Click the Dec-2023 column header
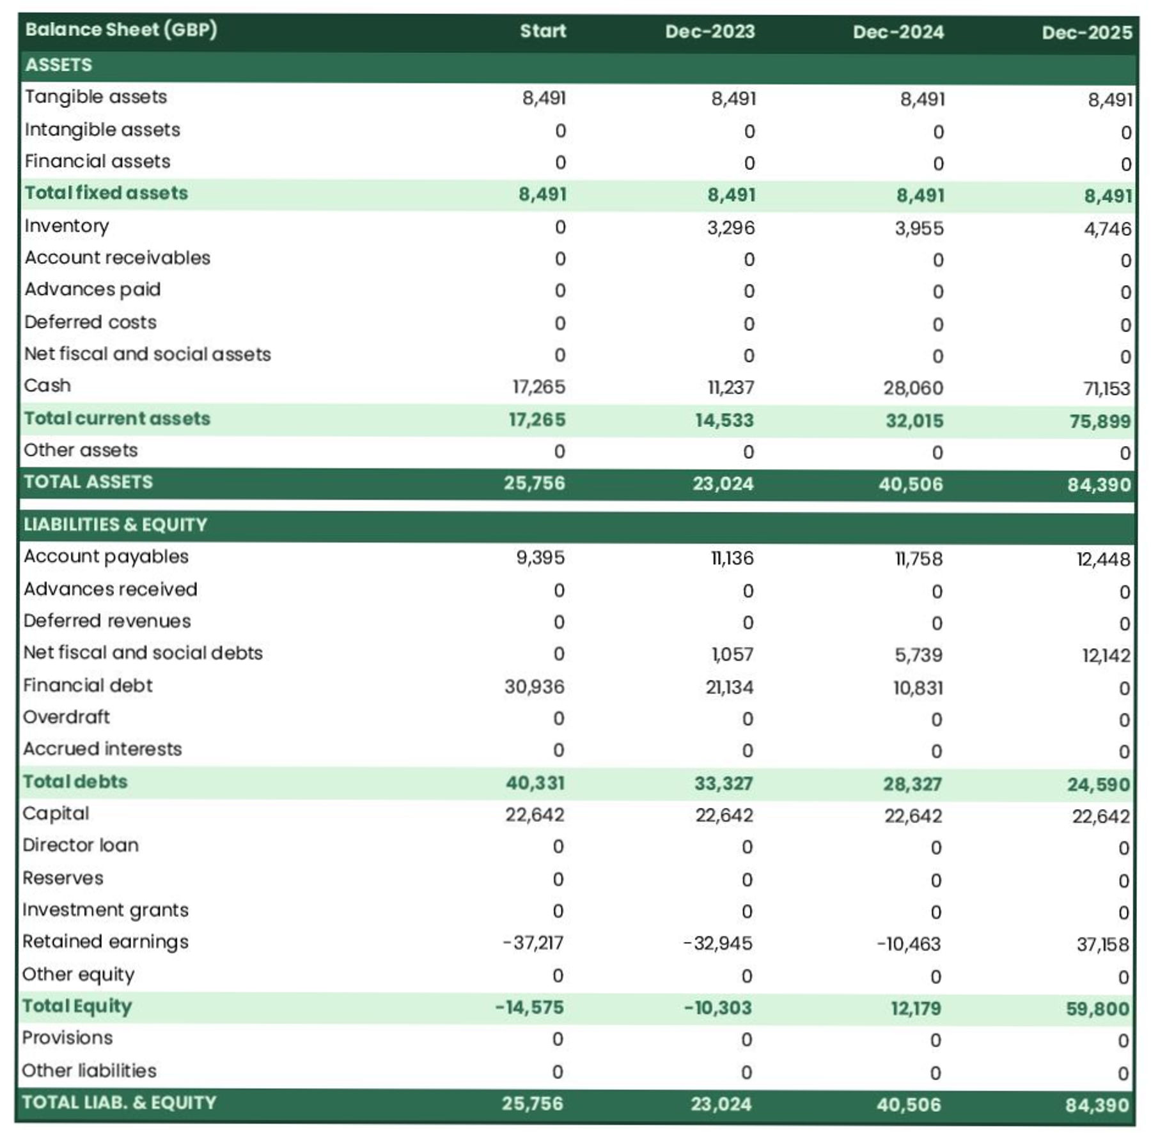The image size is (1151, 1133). tap(709, 31)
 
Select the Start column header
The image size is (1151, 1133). tap(542, 31)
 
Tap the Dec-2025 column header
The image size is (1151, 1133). tap(1086, 33)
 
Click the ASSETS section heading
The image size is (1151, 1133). tap(59, 65)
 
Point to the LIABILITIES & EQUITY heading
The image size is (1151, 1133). tap(116, 525)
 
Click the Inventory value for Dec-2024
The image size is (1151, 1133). tap(919, 228)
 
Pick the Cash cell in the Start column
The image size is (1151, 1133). tap(538, 387)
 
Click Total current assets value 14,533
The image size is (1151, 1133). tap(724, 420)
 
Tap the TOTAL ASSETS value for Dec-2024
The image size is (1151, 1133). tap(911, 484)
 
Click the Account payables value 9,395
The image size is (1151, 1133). tap(540, 557)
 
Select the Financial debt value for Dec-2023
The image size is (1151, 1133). tap(729, 687)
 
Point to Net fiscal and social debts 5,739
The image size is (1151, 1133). tap(918, 655)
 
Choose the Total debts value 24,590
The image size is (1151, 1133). tap(1099, 784)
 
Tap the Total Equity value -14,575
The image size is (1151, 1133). tap(529, 1007)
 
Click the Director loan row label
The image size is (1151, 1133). tap(81, 845)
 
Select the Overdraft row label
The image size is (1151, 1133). tap(67, 717)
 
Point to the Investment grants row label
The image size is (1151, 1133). tap(106, 910)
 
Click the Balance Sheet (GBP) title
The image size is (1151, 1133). tap(121, 29)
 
